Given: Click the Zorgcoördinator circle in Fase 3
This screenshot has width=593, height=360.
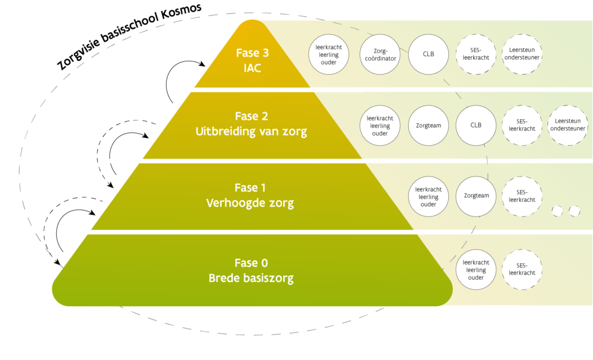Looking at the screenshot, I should pos(380,54).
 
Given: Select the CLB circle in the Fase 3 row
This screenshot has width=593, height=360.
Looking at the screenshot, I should pos(429,54).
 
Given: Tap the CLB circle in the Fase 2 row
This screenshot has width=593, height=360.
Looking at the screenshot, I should pos(475,124).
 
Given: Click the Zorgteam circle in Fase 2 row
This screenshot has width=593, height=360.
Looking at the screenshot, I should pos(428,125).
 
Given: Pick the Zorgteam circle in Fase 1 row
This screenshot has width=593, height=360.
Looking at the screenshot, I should pos(476,196).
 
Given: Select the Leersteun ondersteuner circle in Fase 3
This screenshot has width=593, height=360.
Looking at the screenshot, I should pos(521,54).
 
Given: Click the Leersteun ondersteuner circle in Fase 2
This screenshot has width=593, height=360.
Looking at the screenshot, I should pos(568,125).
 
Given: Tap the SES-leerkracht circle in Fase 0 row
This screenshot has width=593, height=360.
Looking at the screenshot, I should pos(522,269).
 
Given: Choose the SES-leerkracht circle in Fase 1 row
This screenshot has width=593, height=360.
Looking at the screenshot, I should pos(522,196).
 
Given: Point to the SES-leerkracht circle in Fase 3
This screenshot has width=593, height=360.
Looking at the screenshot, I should pos(475,54).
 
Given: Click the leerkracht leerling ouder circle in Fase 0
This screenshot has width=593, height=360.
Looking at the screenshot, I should pos(476,270).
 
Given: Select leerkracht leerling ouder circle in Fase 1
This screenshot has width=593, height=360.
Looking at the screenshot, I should pos(429,196).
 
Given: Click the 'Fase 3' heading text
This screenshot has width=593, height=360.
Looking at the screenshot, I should pos(252,53).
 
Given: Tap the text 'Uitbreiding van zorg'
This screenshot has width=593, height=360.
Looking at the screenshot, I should pos(251,131).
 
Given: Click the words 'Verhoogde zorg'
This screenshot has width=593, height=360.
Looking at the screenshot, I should pos(250,203).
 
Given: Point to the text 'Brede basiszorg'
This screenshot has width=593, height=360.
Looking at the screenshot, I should pos(251,278).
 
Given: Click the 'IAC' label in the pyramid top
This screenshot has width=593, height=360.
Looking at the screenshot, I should pos(252,68).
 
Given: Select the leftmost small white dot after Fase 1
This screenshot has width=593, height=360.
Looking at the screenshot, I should pos(557,211).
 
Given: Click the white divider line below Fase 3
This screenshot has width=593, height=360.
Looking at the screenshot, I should pos(274,90).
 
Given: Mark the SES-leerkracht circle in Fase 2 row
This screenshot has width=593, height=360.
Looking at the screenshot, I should pos(522,125).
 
